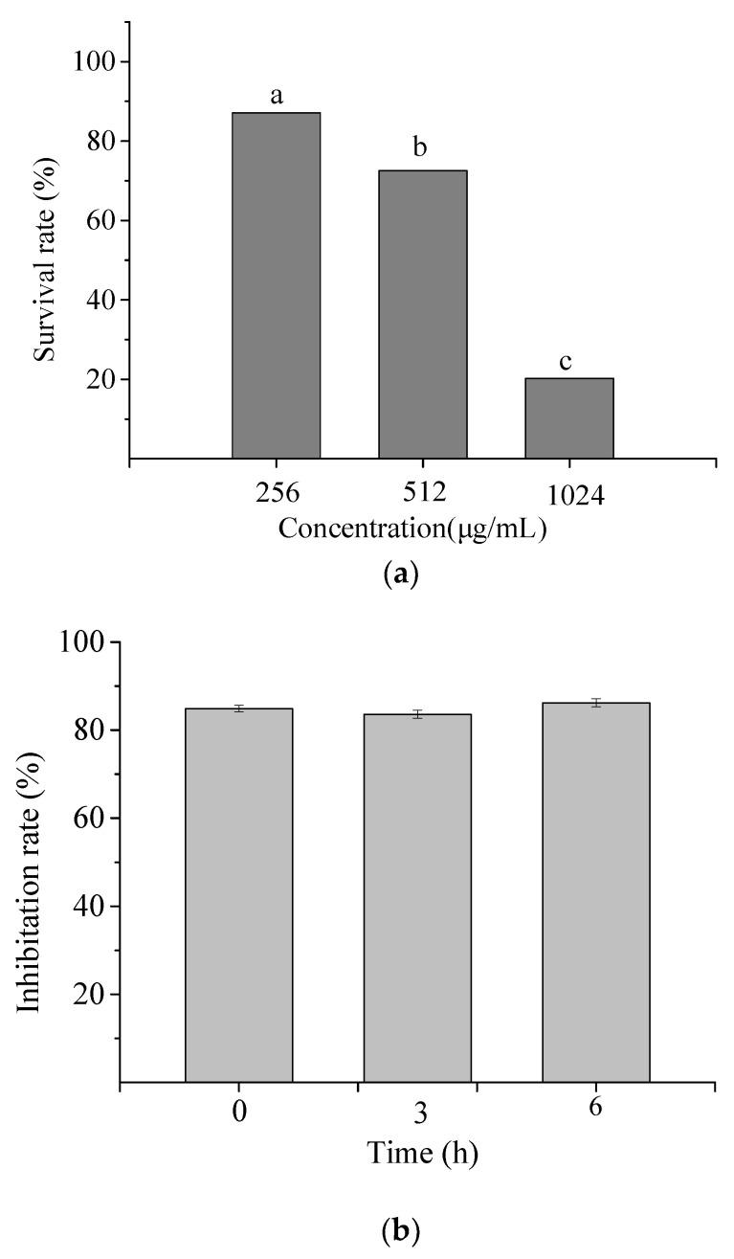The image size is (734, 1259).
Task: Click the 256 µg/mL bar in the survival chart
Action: (276, 285)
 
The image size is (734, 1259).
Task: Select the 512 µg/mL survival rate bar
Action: (422, 314)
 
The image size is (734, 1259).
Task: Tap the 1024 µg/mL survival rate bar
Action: (568, 418)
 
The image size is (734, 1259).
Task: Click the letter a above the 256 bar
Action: (277, 96)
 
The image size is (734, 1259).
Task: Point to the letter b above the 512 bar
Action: (418, 147)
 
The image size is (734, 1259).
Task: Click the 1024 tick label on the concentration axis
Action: (568, 497)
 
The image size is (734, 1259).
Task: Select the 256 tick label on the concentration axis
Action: (277, 493)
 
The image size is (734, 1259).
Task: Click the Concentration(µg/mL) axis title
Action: (412, 528)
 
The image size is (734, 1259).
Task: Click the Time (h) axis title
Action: (421, 1154)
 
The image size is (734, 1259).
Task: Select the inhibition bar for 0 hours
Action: (238, 895)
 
